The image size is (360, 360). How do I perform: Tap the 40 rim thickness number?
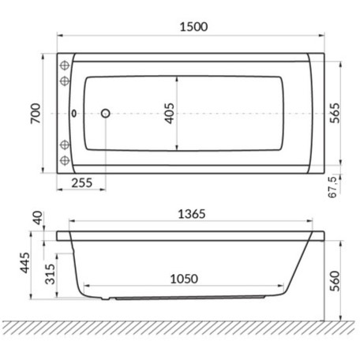point(34,218)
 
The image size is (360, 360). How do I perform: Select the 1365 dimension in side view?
point(190,212)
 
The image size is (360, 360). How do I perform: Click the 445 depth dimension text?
point(25,261)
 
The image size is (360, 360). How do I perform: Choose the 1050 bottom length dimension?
point(181,279)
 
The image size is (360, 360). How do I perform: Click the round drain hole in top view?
point(107,114)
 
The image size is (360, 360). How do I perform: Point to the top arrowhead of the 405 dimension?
point(176,78)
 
